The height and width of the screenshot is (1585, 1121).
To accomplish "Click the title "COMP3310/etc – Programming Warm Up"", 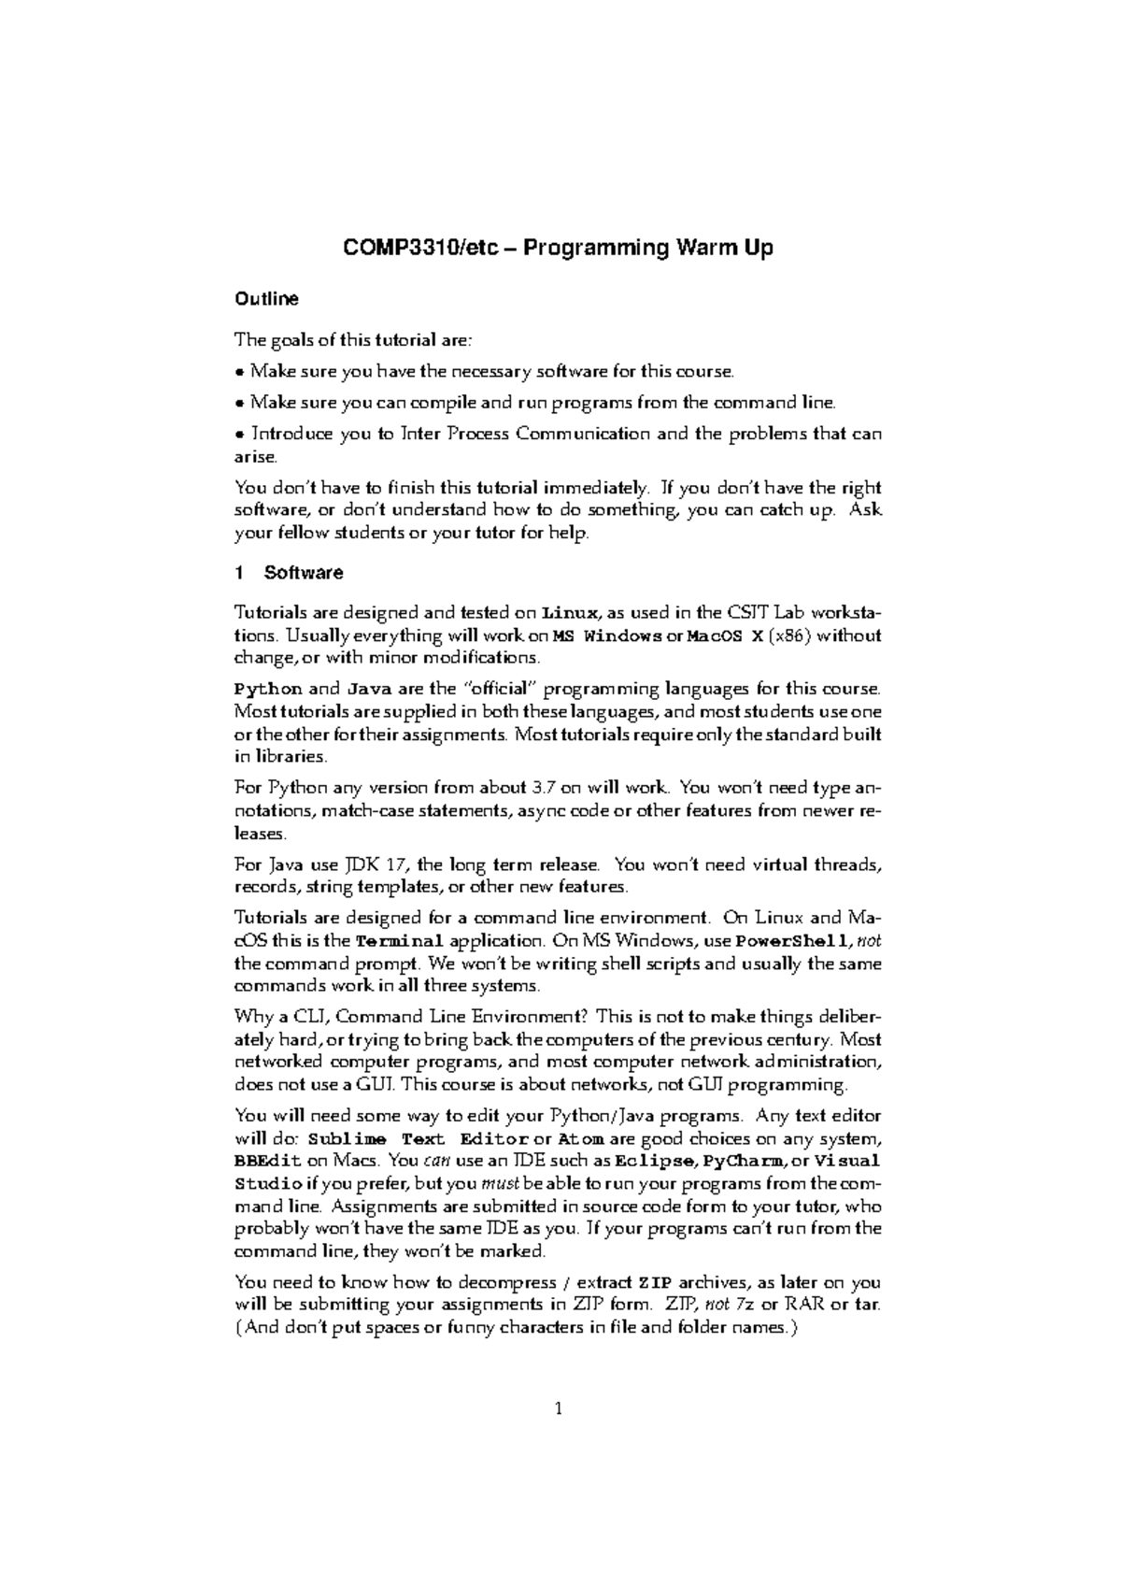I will tap(558, 249).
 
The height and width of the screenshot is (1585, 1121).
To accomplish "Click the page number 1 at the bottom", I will tap(558, 1410).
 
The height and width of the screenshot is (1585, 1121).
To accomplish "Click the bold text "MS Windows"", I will tap(605, 635).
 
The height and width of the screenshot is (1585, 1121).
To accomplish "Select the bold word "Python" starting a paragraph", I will tap(267, 690).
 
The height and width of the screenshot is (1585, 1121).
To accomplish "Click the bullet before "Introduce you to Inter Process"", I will tap(239, 435).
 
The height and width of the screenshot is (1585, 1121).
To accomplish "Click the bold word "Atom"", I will tap(580, 1139).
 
